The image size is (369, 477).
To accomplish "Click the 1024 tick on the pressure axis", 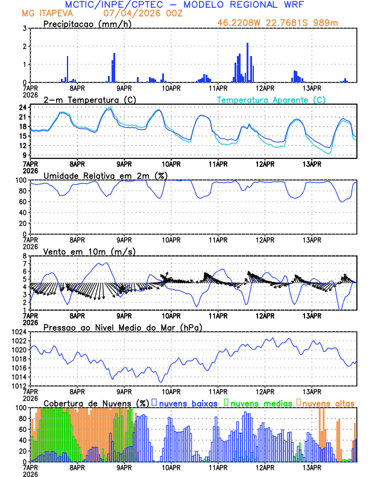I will coord(17,332).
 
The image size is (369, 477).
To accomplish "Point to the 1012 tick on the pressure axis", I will coord(17,386).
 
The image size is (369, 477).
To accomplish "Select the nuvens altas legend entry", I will coord(327,402).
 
